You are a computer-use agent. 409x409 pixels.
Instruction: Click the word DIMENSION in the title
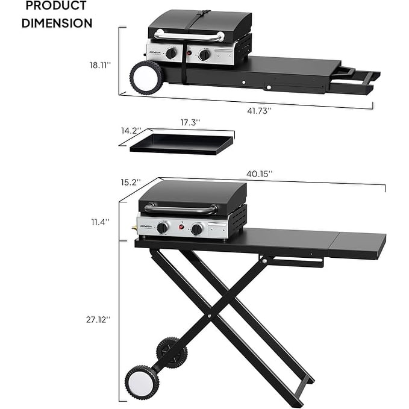tap(58, 23)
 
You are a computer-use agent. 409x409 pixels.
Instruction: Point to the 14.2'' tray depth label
tap(131, 130)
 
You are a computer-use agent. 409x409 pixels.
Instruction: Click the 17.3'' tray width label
tap(190, 122)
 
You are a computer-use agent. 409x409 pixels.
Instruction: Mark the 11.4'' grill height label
tap(100, 222)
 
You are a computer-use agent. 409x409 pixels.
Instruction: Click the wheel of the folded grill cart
tap(145, 78)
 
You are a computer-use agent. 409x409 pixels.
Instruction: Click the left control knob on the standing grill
tap(162, 228)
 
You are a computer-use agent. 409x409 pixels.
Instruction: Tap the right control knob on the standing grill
tap(196, 229)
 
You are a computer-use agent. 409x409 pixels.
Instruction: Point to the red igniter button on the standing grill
tap(179, 228)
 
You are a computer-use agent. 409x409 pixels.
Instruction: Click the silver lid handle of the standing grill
tap(181, 209)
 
